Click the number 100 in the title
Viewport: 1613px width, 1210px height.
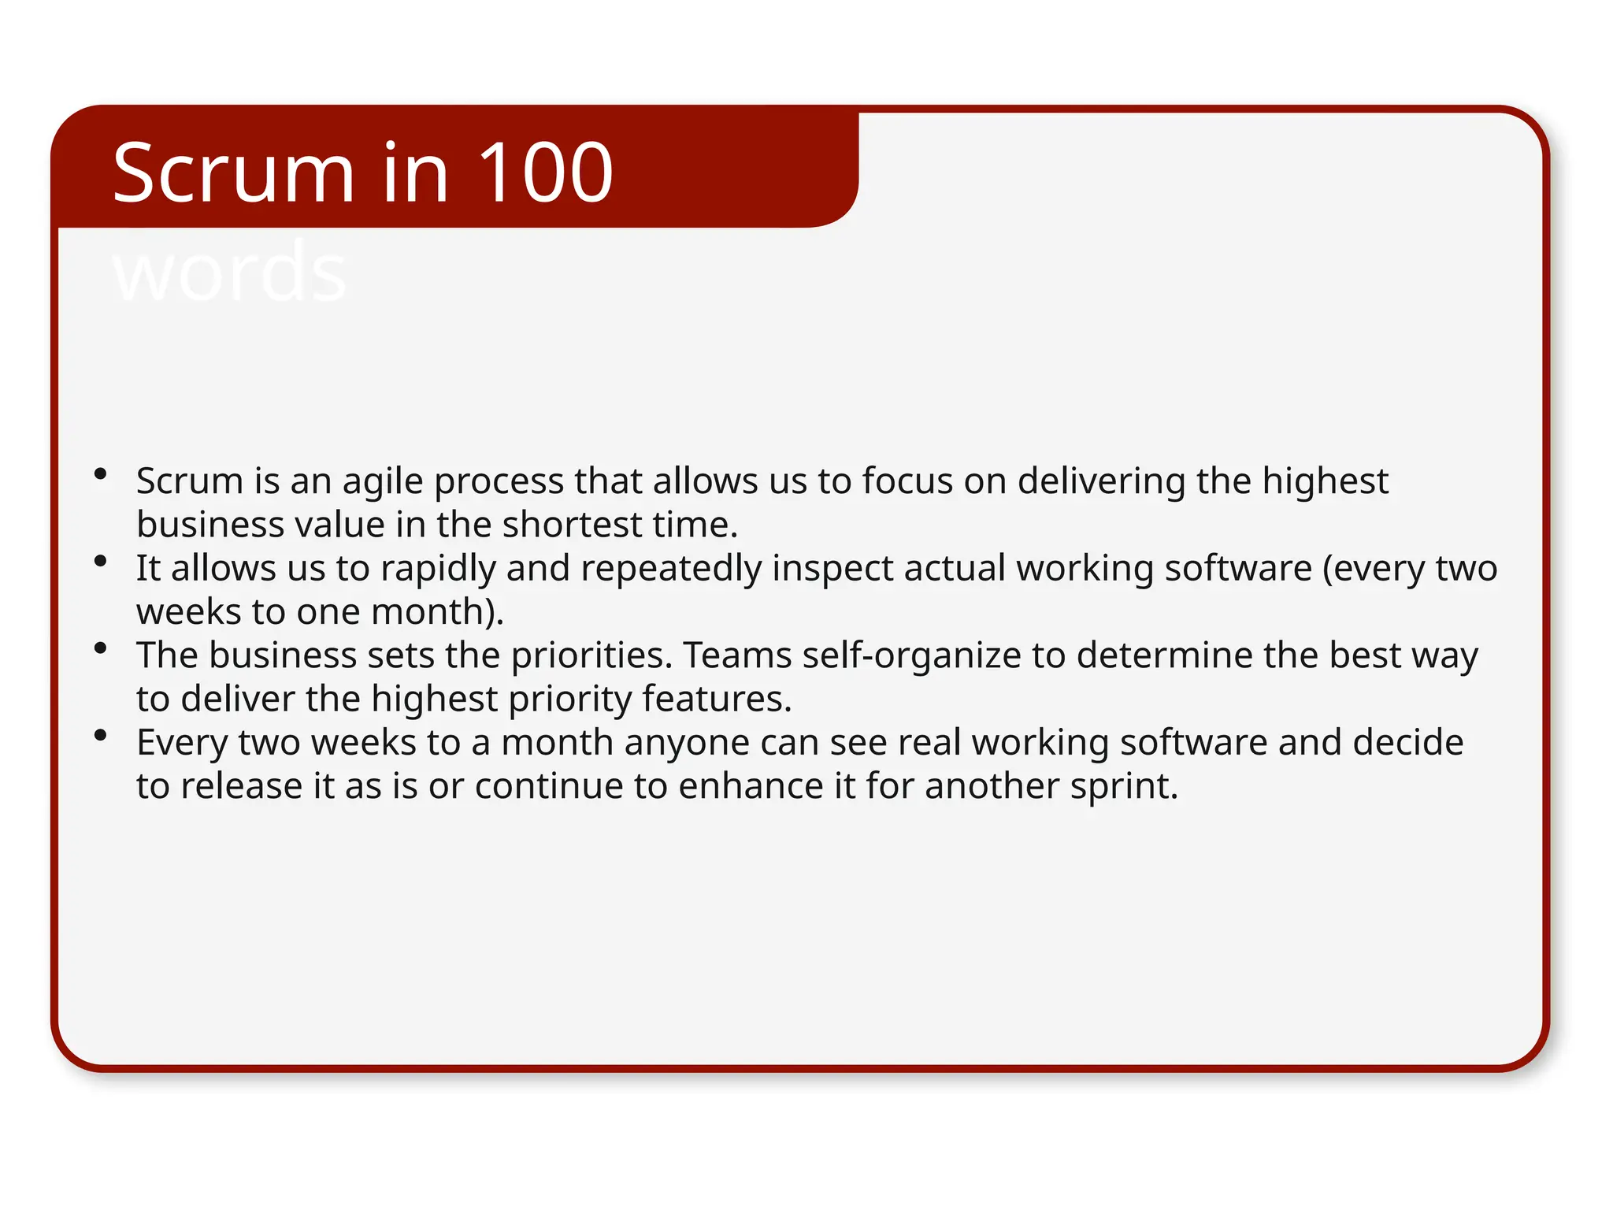(545, 173)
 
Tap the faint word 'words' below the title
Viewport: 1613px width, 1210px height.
(229, 272)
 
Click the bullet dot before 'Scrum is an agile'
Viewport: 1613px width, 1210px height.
(100, 473)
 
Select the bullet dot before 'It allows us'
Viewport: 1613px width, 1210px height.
(100, 561)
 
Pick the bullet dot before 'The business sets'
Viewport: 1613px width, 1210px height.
(100, 648)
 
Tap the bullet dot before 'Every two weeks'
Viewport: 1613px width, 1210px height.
(100, 736)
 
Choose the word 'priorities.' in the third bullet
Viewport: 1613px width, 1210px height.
(592, 655)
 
